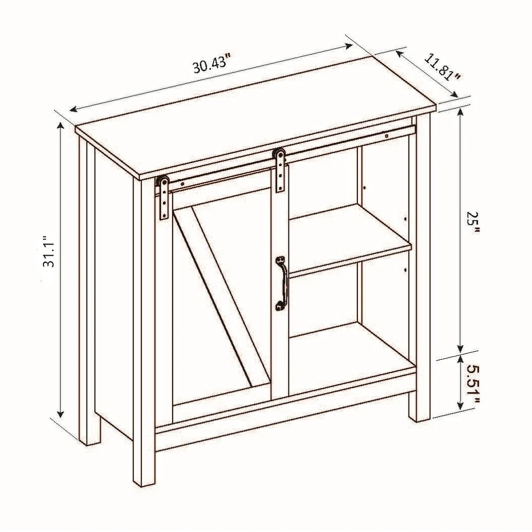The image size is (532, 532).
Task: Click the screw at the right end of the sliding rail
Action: pos(386,136)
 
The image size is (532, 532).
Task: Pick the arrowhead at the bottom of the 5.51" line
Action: pos(460,405)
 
